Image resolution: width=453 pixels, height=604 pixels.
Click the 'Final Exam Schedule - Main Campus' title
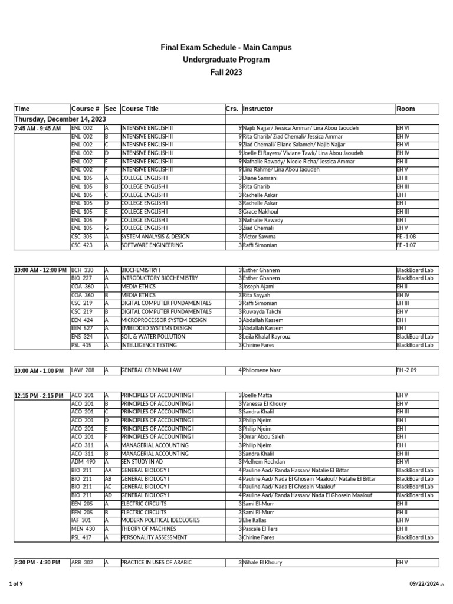tap(226, 47)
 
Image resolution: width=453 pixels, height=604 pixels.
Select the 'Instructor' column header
tap(258, 109)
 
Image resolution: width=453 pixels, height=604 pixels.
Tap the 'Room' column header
tap(406, 109)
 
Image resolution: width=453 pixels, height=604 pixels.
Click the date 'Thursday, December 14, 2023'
tap(57, 119)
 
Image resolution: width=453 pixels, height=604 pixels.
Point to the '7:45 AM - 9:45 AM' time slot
tap(37, 129)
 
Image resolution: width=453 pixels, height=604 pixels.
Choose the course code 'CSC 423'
tap(82, 245)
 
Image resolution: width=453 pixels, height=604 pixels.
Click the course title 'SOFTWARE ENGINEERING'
tap(152, 245)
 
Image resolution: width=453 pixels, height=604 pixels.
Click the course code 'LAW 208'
tap(83, 370)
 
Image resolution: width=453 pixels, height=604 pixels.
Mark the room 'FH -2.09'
tap(407, 370)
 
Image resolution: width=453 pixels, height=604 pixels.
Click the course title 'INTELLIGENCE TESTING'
tap(147, 345)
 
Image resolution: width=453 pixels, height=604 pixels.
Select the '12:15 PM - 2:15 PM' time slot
tap(39, 396)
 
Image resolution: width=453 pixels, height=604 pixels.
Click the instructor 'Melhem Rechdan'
tap(264, 462)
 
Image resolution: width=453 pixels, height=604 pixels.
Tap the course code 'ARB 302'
tap(82, 563)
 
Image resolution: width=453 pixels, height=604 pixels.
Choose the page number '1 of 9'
tap(16, 584)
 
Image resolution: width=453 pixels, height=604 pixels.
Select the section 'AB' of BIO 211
tap(109, 479)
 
